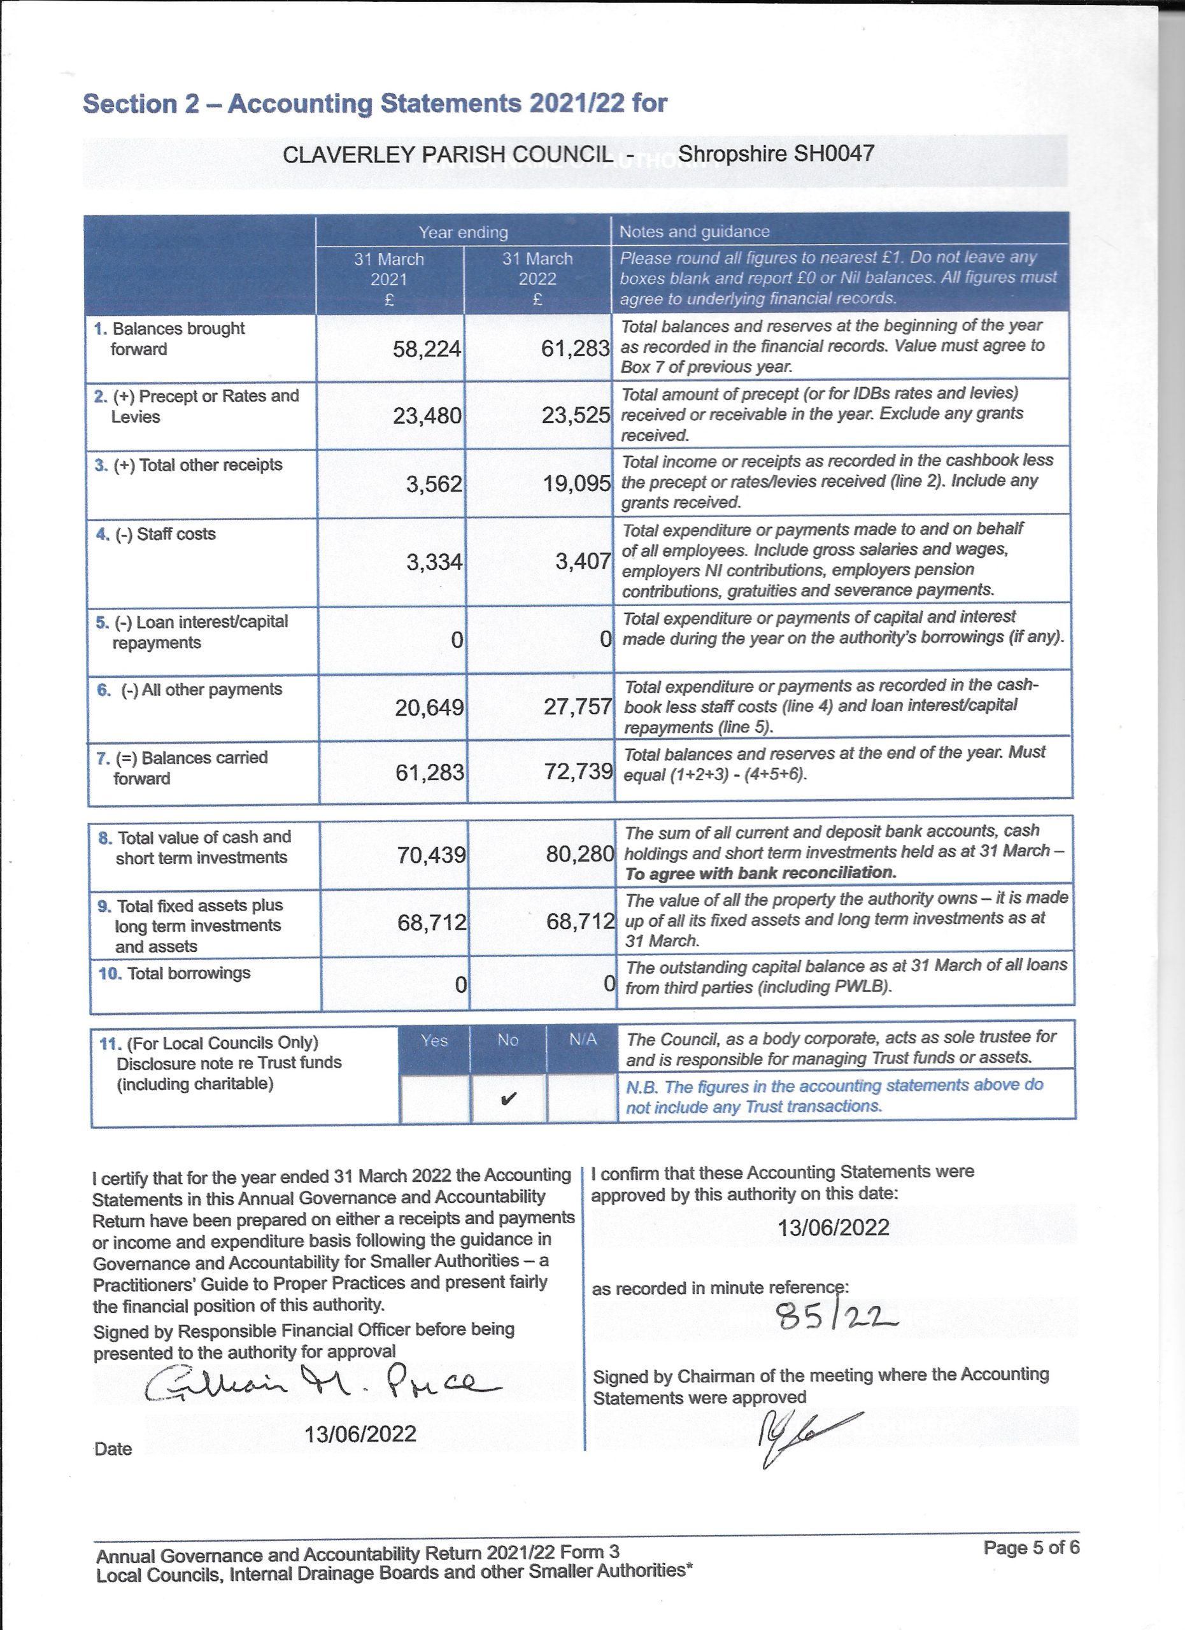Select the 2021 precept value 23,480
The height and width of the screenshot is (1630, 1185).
[x=427, y=416]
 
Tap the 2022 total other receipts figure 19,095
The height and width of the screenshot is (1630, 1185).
[x=576, y=484]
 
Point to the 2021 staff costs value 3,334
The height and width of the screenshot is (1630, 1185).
[x=434, y=562]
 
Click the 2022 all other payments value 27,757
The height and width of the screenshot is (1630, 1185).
[x=578, y=707]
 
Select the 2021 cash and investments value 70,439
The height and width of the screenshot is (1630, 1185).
[x=431, y=854]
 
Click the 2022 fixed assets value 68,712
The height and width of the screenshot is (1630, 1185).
[x=581, y=921]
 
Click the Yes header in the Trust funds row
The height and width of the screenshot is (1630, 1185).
[x=434, y=1040]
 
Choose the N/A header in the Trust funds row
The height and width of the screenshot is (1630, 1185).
[x=583, y=1040]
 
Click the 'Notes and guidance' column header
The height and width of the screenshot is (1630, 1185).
[x=694, y=231]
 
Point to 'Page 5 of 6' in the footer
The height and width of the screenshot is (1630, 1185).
[x=1031, y=1548]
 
